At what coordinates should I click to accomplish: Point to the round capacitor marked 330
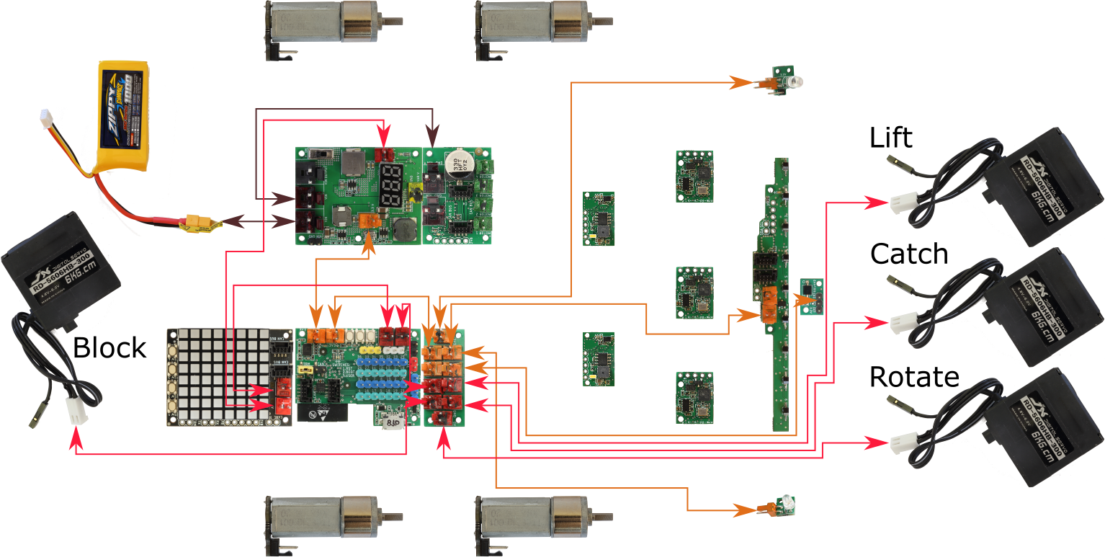457,162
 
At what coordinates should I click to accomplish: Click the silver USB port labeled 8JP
393,422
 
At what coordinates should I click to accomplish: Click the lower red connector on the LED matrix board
282,407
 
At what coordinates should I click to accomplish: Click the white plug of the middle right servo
901,322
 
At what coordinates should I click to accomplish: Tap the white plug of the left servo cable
74,412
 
